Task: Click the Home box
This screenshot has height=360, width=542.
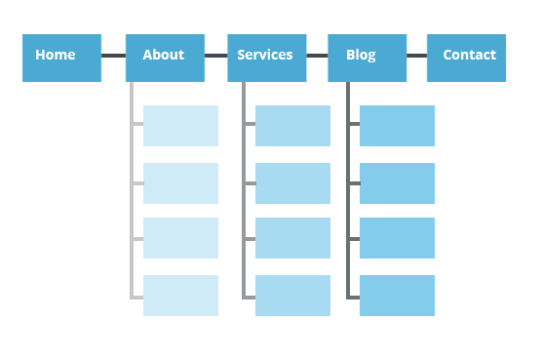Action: [x=62, y=58]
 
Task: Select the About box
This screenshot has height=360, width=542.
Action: [x=165, y=58]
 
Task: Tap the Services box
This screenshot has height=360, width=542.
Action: [x=267, y=58]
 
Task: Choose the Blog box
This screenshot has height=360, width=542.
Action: [x=367, y=58]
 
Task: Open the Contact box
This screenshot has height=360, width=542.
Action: [x=466, y=58]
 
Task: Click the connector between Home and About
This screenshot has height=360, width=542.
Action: [x=113, y=56]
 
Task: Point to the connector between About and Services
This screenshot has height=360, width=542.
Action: [x=215, y=56]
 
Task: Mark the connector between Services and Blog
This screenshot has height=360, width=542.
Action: [x=317, y=56]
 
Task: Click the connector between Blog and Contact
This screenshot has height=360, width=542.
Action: [x=416, y=56]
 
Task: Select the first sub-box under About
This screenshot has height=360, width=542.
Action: [x=180, y=126]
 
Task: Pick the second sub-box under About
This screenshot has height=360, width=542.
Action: [x=180, y=183]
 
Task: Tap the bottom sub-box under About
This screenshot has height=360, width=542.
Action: [x=180, y=296]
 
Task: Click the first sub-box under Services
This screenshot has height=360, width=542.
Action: [x=292, y=126]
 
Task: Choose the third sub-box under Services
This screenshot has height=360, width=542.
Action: [x=292, y=238]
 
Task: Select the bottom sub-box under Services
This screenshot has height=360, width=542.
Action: [x=292, y=296]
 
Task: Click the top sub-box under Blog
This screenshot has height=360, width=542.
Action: [x=397, y=126]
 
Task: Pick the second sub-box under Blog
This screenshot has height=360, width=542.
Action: [x=397, y=183]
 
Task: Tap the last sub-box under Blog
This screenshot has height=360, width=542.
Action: [x=397, y=296]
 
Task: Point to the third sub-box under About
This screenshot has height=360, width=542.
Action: [x=180, y=238]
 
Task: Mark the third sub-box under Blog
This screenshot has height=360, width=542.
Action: [x=397, y=238]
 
